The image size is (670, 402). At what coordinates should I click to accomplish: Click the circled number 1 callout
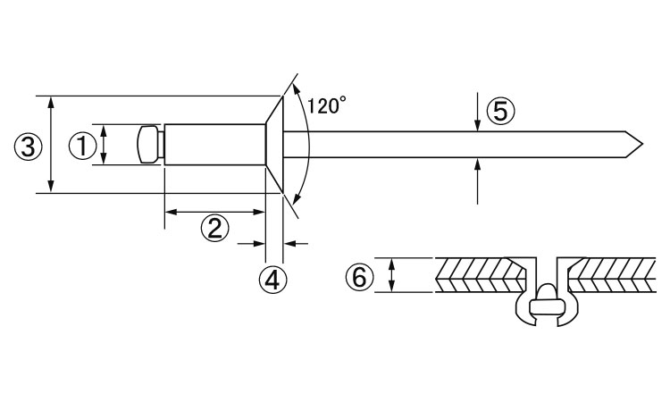click(82, 146)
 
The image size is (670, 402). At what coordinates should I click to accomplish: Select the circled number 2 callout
click(214, 228)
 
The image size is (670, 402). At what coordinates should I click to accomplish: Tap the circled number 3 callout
click(29, 147)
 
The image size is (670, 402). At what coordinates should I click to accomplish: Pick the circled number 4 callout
click(272, 281)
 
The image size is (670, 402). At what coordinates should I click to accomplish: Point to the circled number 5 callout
click(500, 111)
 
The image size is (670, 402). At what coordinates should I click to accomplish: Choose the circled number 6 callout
click(359, 277)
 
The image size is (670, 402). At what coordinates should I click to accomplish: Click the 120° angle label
click(326, 105)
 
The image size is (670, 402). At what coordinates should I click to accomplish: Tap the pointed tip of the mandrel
click(642, 145)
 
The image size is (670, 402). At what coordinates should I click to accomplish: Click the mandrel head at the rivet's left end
click(150, 145)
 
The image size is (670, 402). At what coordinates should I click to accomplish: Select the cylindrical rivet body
click(215, 145)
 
